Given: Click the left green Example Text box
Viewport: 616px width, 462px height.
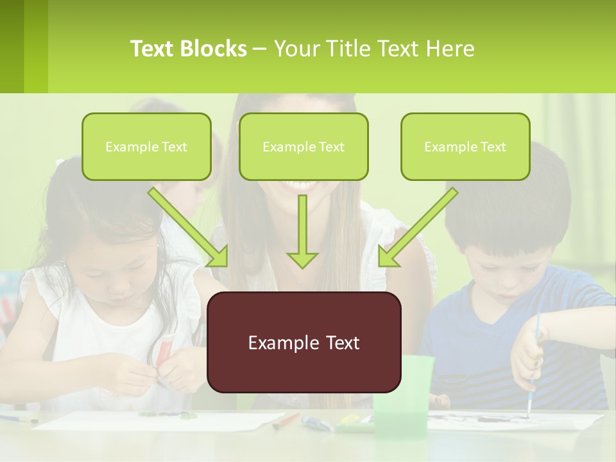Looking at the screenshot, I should click(146, 147).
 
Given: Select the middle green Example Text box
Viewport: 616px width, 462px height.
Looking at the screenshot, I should click(304, 147).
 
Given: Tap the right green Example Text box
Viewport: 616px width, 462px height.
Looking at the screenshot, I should click(465, 147).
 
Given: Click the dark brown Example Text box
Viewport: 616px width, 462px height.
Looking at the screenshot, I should click(304, 343).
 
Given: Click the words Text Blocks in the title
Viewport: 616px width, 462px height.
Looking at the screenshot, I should click(188, 49).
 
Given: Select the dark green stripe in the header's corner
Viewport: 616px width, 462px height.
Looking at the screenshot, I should click(12, 46).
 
